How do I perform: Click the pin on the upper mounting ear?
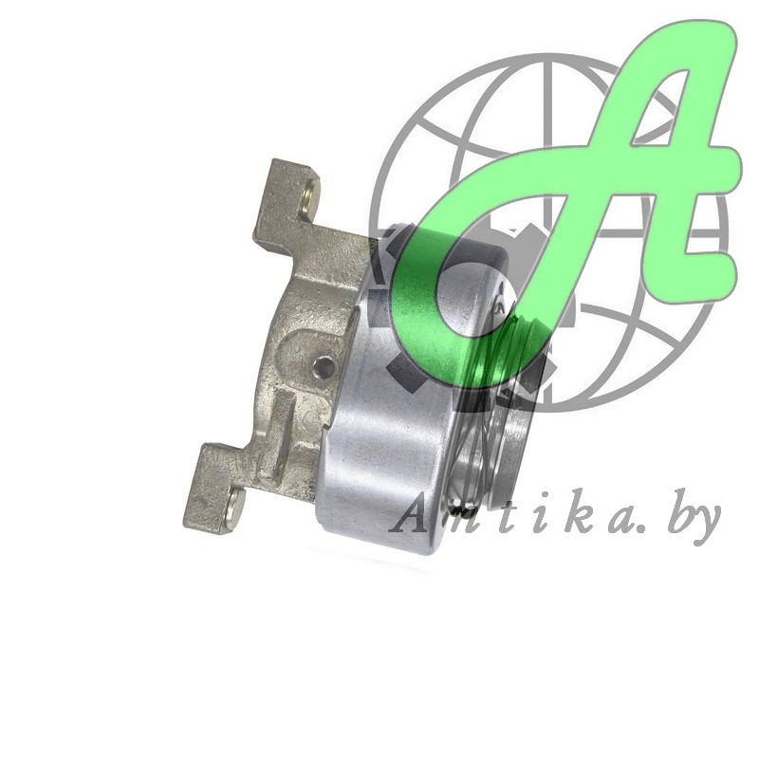311,197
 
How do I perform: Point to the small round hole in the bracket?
323,367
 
